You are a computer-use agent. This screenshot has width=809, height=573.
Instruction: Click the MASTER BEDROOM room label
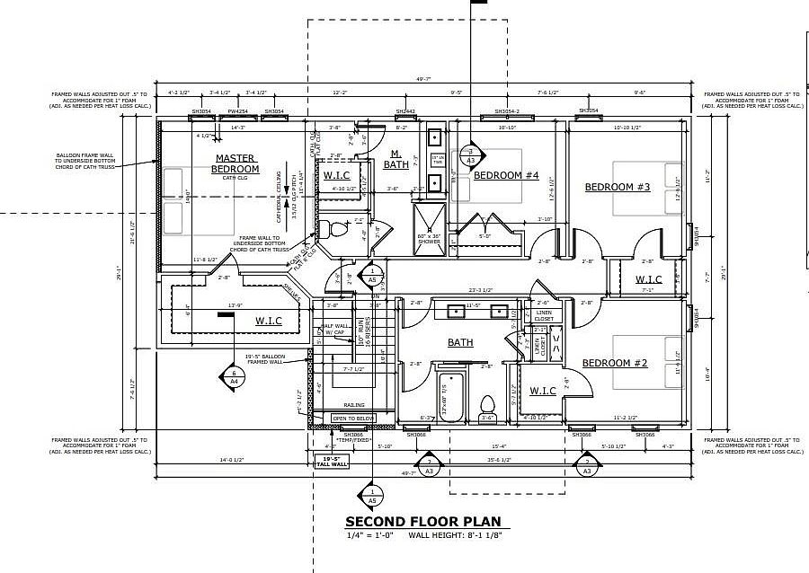(236, 163)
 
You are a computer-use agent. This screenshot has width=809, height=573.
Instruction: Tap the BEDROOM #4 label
(505, 175)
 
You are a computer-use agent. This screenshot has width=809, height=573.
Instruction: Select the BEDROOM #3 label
(617, 187)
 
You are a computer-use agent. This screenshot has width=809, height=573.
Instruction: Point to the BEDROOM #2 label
(615, 363)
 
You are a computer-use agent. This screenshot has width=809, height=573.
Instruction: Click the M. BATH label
(396, 160)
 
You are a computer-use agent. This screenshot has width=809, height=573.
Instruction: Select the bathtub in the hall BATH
(449, 398)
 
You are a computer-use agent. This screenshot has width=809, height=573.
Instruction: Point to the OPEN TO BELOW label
(351, 419)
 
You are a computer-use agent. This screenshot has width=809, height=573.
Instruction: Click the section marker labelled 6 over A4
(234, 376)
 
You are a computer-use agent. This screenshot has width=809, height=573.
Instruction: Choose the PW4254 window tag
(237, 112)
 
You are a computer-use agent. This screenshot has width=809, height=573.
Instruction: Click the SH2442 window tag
(405, 112)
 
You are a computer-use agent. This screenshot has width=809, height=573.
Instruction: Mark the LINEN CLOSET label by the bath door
(544, 315)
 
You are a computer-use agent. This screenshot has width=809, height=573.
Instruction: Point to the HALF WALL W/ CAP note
(334, 329)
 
